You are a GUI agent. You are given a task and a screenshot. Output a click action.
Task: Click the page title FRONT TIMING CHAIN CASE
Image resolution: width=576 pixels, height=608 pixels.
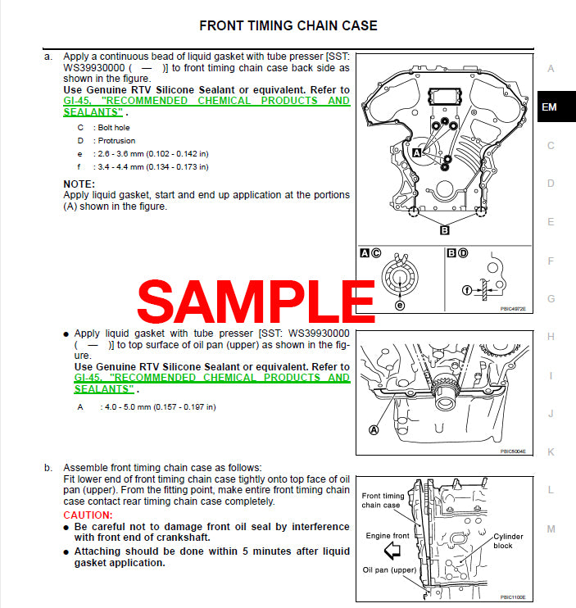click(288, 26)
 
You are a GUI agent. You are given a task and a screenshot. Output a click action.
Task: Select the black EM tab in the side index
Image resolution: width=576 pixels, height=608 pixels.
click(551, 107)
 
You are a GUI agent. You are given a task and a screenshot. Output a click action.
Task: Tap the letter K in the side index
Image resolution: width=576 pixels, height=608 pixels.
click(551, 451)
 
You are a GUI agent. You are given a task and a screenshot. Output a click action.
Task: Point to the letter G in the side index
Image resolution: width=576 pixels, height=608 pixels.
click(551, 299)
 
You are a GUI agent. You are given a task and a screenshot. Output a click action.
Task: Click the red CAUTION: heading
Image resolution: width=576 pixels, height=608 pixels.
click(88, 515)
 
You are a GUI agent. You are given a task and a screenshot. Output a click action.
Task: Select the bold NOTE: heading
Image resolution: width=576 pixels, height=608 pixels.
click(79, 184)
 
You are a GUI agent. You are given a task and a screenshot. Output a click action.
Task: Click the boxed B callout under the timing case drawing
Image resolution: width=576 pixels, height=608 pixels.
click(445, 230)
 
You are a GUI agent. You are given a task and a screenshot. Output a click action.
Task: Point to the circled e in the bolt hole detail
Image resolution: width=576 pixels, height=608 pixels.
click(401, 305)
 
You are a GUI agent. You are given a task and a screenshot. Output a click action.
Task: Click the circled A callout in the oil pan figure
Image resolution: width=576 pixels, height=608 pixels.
click(374, 429)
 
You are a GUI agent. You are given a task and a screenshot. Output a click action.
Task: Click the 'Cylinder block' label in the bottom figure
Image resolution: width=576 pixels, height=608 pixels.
click(508, 542)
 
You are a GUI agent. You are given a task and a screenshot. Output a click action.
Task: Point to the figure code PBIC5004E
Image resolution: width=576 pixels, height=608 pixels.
click(513, 451)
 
